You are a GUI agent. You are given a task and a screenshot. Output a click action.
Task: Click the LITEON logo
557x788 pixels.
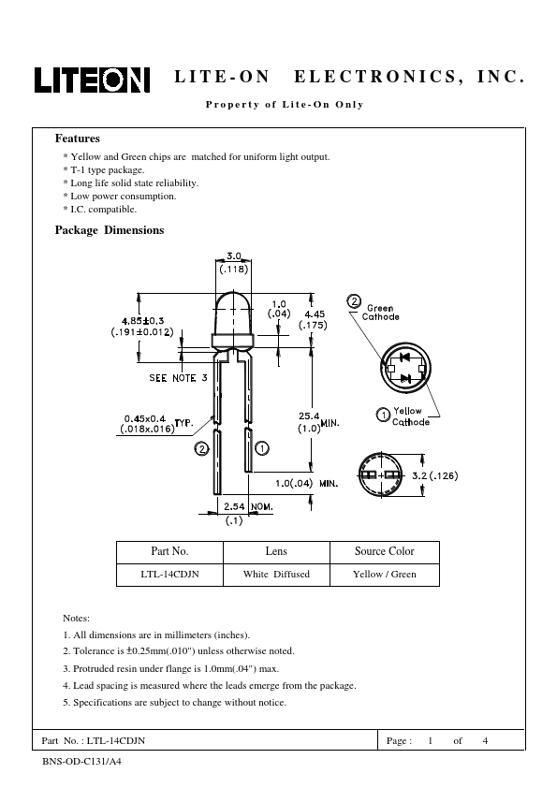(92, 80)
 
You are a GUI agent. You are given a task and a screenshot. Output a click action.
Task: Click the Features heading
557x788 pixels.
(78, 139)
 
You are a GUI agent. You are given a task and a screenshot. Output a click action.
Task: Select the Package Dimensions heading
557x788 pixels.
(110, 230)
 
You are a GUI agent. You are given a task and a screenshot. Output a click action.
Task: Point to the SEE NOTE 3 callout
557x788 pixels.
(178, 378)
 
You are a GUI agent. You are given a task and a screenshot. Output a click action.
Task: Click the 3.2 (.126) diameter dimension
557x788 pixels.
(435, 475)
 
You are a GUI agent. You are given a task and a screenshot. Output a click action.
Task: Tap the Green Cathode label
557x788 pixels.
(381, 312)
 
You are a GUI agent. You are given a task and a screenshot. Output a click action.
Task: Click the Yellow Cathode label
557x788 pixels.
(411, 416)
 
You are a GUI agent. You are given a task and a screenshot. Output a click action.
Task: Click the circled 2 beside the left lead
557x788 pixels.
(201, 449)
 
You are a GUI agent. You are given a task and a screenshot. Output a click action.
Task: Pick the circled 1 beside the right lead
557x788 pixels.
(262, 447)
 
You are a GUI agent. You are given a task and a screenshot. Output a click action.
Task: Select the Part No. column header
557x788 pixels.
(169, 551)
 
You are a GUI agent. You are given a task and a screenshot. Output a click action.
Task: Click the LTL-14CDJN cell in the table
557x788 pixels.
(169, 574)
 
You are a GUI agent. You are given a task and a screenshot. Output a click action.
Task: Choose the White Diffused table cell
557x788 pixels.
(276, 574)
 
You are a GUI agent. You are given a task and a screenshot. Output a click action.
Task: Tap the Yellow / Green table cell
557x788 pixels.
(385, 574)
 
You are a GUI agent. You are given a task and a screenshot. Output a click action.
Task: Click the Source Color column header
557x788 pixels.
(385, 551)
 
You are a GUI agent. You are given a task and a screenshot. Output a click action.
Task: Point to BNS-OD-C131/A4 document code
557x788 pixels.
(82, 762)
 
